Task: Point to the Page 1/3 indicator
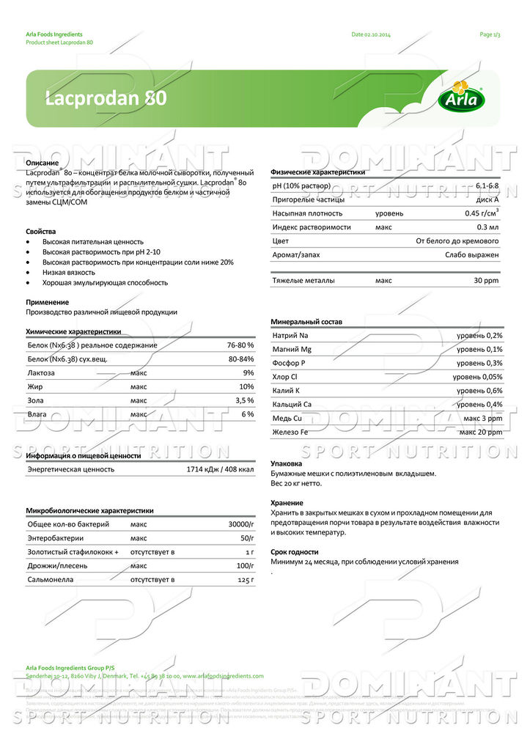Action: (490, 34)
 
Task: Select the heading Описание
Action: (42, 162)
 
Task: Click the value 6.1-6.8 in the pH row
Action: (486, 185)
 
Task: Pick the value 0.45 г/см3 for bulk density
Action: (482, 213)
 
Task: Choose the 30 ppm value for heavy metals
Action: (486, 280)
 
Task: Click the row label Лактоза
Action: (41, 372)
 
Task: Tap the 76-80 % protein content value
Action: (240, 345)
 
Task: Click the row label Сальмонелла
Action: (52, 579)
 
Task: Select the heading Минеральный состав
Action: (306, 322)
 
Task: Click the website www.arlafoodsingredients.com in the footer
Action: (223, 675)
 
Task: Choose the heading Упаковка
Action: (287, 463)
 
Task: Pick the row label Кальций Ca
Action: (292, 404)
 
